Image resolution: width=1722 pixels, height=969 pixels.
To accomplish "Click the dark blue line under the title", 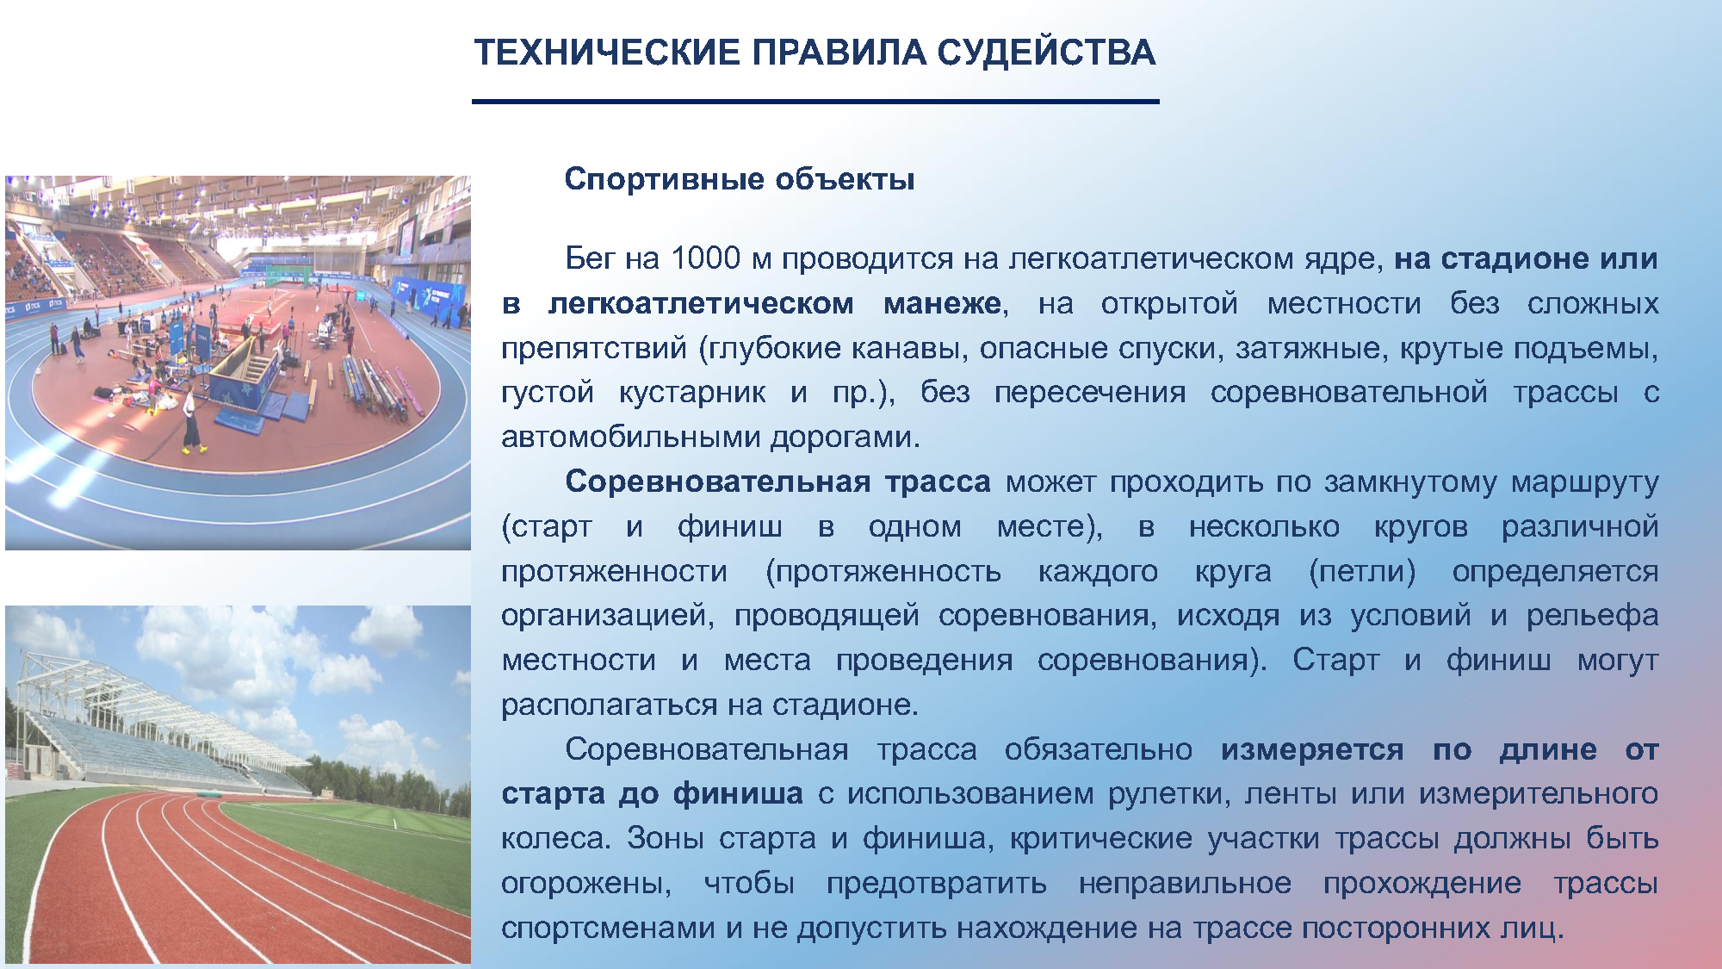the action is tap(815, 102).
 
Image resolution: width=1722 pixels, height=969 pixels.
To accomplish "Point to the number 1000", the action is tap(705, 258).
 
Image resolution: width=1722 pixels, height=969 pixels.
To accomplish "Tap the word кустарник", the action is tap(692, 393).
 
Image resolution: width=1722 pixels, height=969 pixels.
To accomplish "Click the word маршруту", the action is tap(1585, 482).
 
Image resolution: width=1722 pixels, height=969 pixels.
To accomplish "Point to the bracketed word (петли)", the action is tap(1362, 572).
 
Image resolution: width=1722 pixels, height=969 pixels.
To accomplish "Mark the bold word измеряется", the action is tap(1312, 750).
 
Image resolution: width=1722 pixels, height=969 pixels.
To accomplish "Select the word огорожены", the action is tap(586, 884).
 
